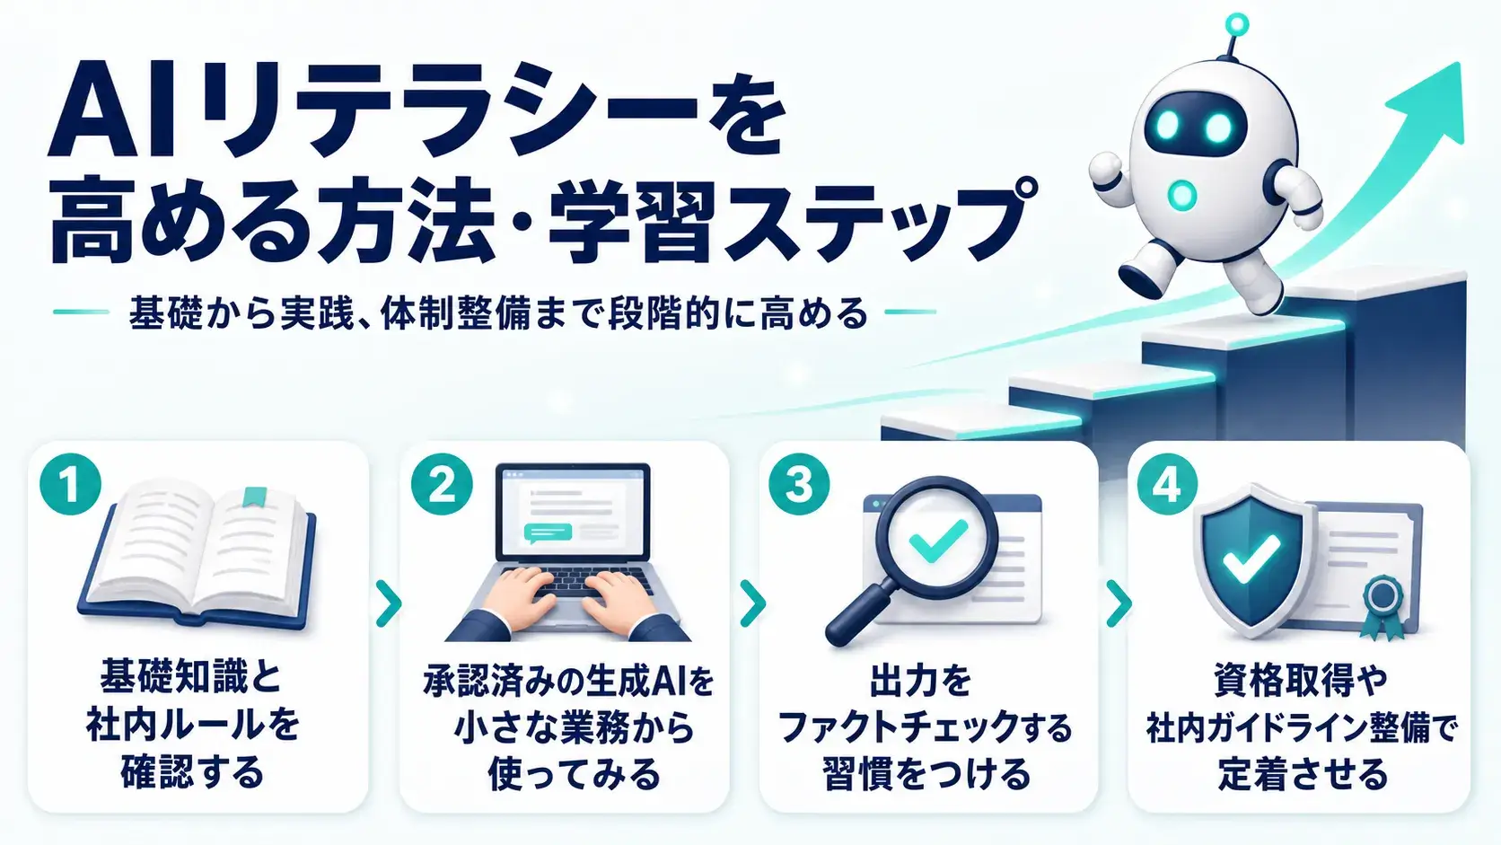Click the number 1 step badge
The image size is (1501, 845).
70,485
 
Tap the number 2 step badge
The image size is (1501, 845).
442,485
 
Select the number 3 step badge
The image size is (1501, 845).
799,485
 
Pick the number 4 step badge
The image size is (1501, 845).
1167,485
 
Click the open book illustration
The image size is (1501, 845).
197,553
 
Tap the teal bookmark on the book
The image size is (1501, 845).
255,497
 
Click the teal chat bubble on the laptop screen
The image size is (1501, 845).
549,533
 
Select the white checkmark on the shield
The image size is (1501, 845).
1251,559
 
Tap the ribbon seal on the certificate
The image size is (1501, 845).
1382,607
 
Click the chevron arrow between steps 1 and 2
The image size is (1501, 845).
389,603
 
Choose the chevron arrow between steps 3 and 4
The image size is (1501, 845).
1119,603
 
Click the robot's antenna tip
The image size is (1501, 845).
1236,25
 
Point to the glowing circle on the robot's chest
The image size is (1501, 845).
1182,194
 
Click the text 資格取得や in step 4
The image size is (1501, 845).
1300,681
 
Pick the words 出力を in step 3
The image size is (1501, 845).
921,681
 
